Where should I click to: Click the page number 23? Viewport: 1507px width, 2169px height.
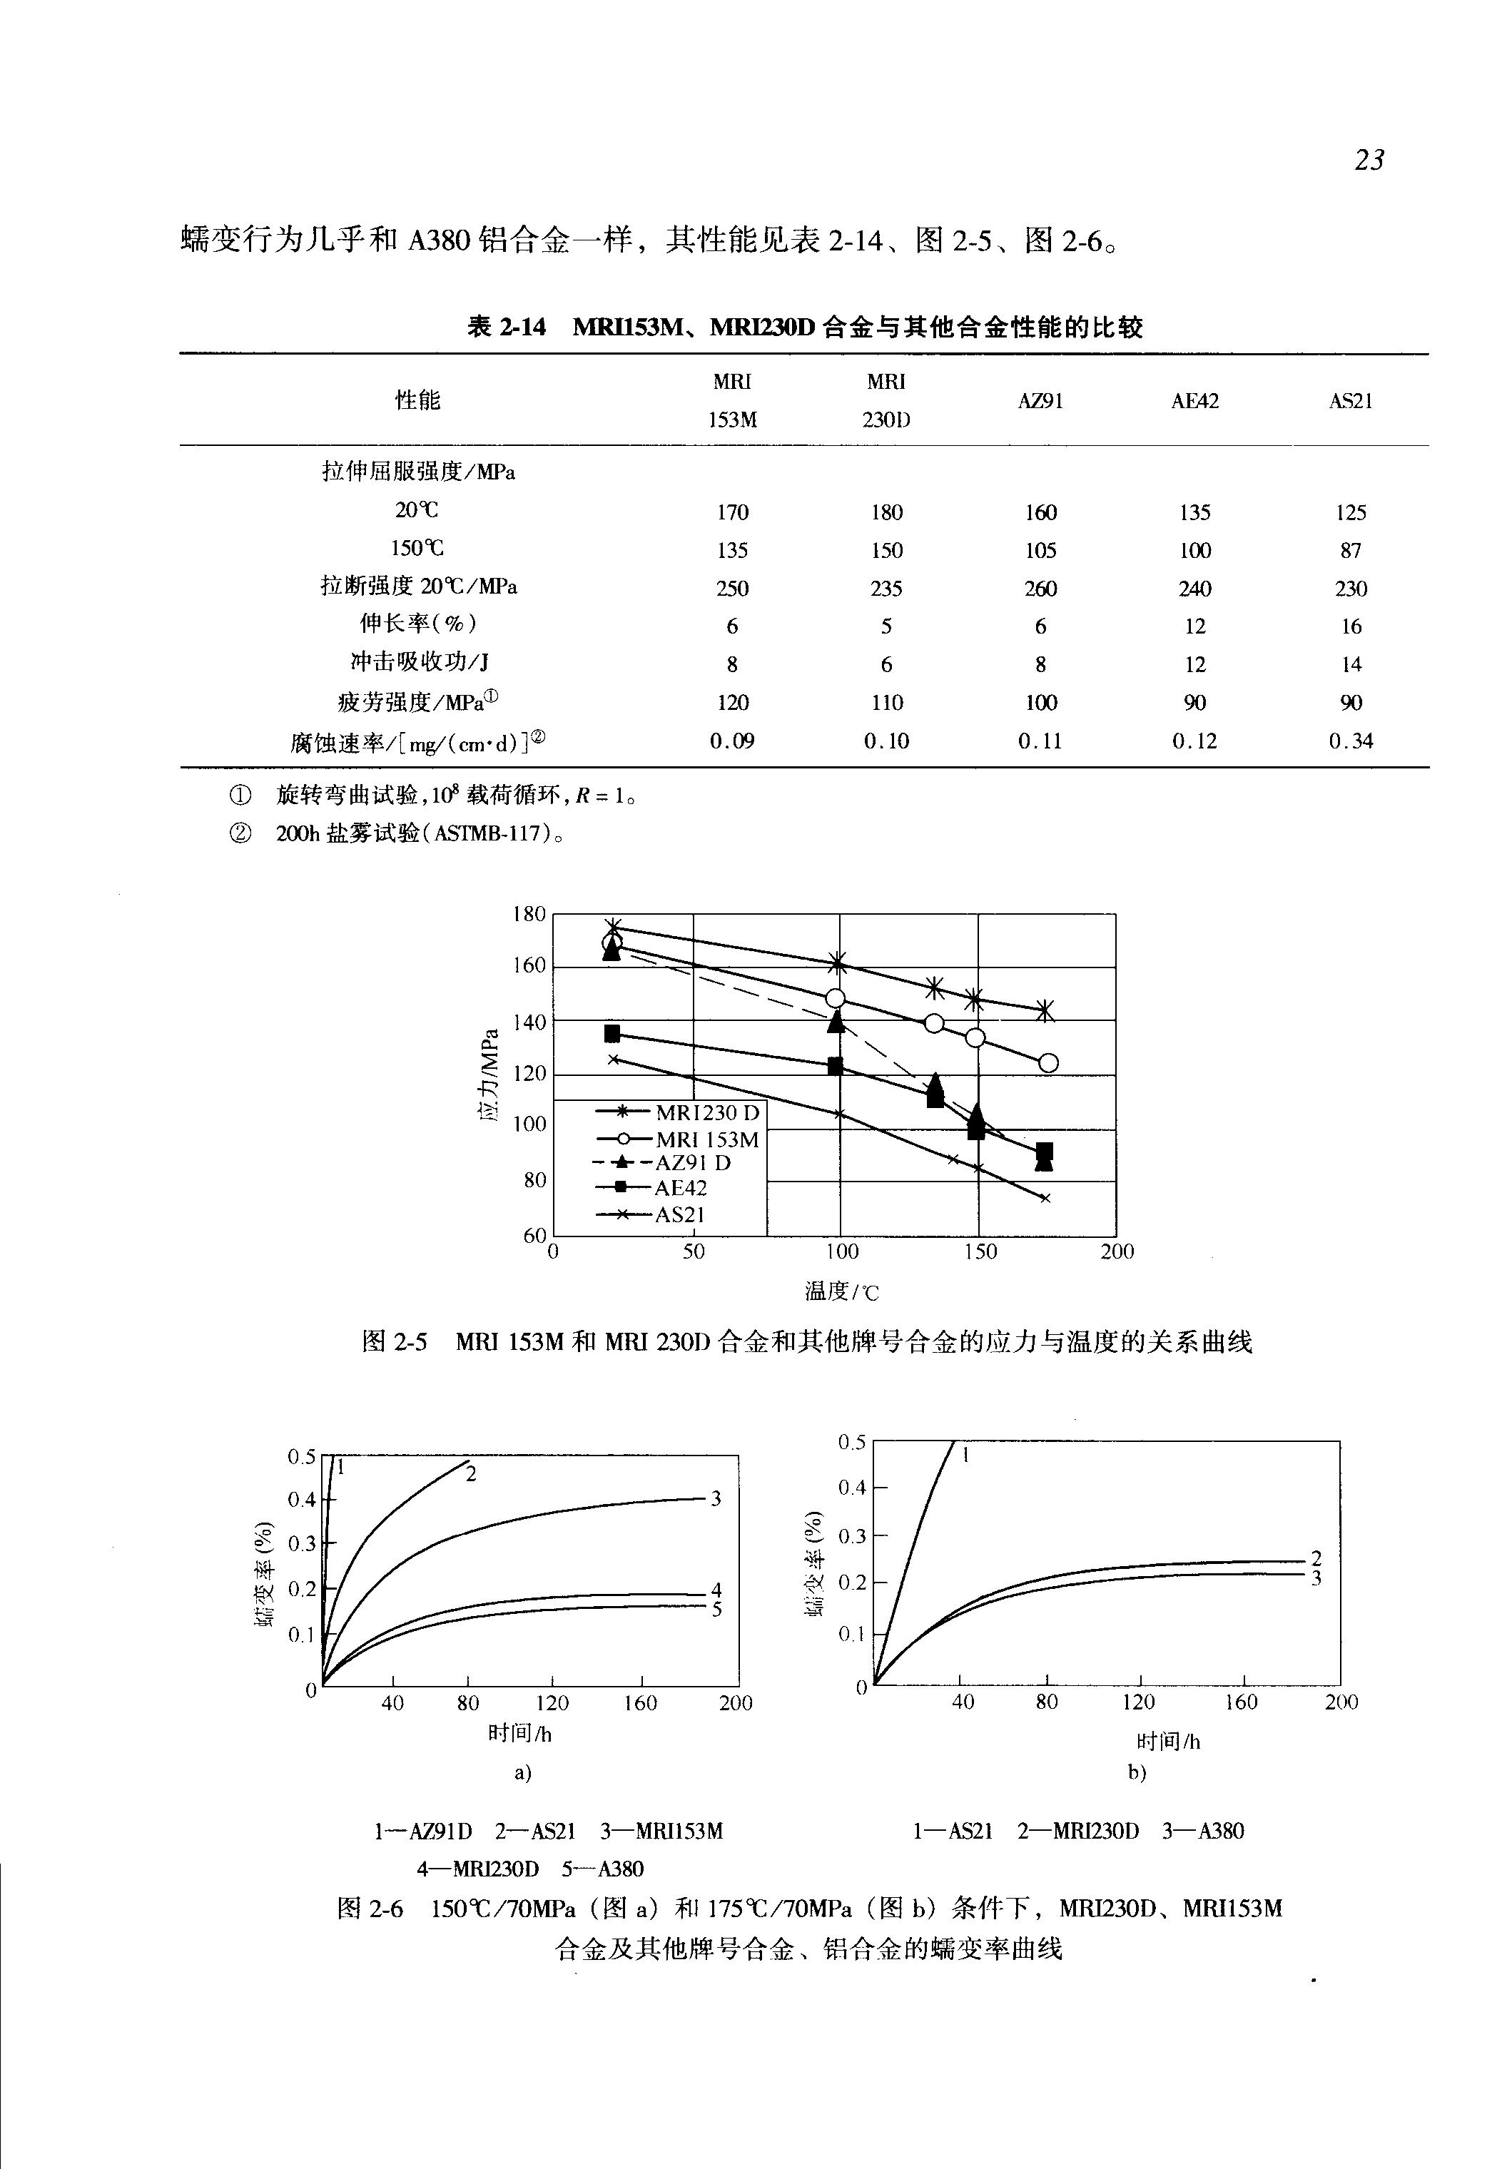[x=1368, y=161]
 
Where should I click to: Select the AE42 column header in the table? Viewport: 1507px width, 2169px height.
[x=1194, y=401]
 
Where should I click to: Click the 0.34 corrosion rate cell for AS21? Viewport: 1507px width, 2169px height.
[x=1350, y=741]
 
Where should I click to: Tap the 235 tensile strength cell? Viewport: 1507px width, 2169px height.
[x=886, y=589]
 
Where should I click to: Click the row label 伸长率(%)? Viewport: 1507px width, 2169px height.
[x=418, y=624]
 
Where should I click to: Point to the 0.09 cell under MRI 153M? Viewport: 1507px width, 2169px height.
[x=732, y=741]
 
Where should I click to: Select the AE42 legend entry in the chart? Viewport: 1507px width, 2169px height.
[x=680, y=1188]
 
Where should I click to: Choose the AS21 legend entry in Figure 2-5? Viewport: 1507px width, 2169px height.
[x=680, y=1215]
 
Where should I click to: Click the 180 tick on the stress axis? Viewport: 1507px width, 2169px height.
[x=529, y=914]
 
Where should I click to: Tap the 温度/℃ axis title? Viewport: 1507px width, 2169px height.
[x=841, y=1291]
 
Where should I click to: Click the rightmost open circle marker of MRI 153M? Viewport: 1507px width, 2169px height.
[x=1048, y=1063]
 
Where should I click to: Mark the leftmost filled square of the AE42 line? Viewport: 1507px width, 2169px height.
[x=612, y=1033]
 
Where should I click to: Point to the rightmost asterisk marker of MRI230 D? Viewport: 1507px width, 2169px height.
[x=1045, y=1011]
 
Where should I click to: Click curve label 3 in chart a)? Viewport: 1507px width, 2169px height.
[x=716, y=1498]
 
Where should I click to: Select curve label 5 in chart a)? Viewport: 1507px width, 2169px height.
[x=716, y=1609]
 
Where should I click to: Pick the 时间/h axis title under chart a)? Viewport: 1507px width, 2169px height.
[x=519, y=1734]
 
